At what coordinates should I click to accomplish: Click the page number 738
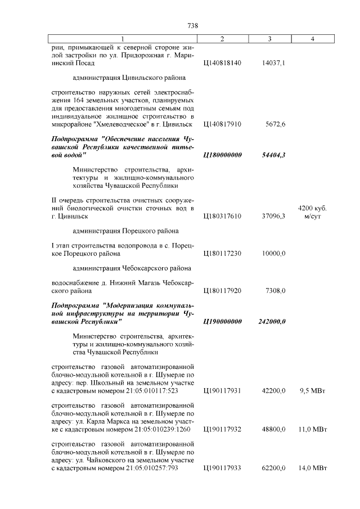point(192,26)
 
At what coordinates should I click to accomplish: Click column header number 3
point(270,39)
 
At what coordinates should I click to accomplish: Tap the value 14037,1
point(274,64)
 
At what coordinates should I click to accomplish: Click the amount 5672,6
point(275,123)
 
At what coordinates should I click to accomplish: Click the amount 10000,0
point(274,254)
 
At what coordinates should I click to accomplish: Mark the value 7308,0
point(275,291)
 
